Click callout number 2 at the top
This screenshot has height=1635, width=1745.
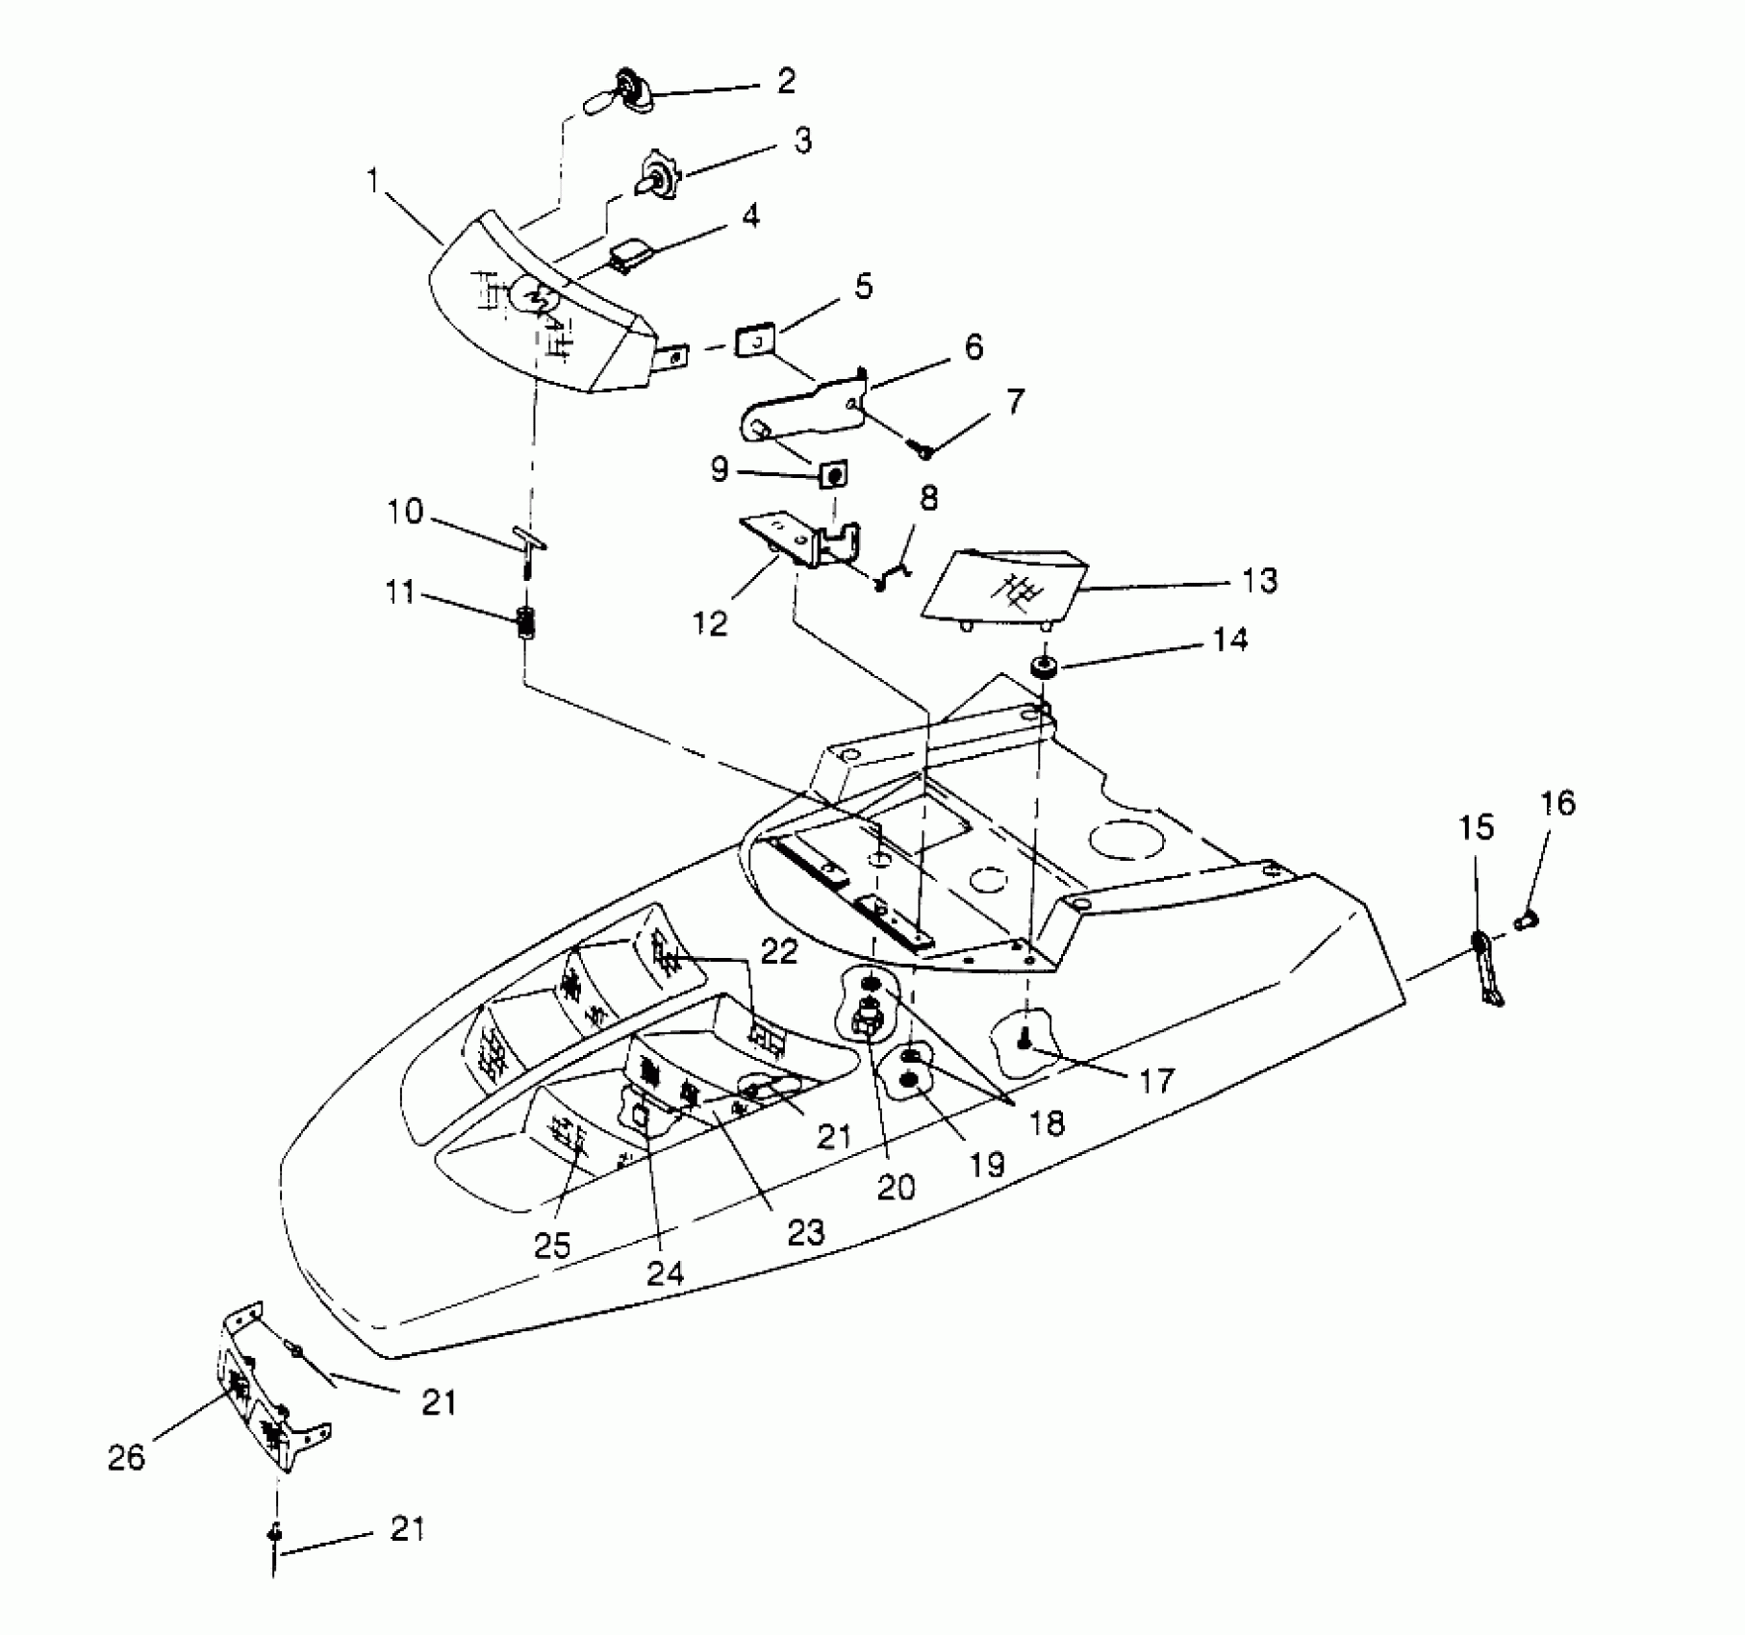(x=786, y=81)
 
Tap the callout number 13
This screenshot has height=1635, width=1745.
(x=1258, y=581)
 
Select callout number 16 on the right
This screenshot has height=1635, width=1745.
(x=1558, y=803)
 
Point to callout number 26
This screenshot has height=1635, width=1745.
(x=126, y=1458)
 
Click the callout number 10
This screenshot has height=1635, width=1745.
(x=406, y=511)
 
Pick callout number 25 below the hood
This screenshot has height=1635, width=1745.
(x=554, y=1245)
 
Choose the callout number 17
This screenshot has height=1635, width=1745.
(x=1156, y=1081)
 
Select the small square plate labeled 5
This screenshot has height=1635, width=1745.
(x=756, y=341)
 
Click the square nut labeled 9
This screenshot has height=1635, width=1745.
(x=834, y=475)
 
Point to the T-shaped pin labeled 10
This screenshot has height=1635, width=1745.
(x=528, y=544)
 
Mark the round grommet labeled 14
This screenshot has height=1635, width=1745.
(x=1043, y=666)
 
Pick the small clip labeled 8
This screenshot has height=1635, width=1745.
(x=890, y=577)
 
